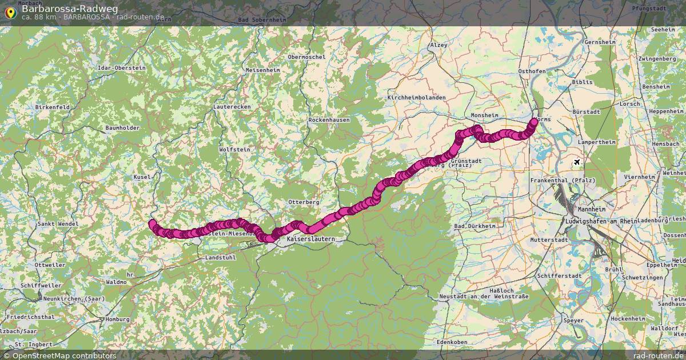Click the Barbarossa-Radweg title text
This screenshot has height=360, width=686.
pyautogui.click(x=70, y=9)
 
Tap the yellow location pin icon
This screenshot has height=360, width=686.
pyautogui.click(x=10, y=12)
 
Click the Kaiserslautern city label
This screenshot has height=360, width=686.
pyautogui.click(x=311, y=238)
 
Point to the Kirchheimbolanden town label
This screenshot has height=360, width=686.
pyautogui.click(x=416, y=98)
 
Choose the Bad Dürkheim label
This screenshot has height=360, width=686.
pyautogui.click(x=474, y=226)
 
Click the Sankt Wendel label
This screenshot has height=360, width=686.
pyautogui.click(x=57, y=224)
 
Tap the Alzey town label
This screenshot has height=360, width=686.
pyautogui.click(x=438, y=45)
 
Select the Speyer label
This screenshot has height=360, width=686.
pyautogui.click(x=573, y=321)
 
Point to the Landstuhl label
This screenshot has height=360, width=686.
pyautogui.click(x=220, y=258)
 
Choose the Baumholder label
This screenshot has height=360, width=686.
pyautogui.click(x=122, y=128)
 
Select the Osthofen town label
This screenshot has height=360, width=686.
pyautogui.click(x=531, y=71)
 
